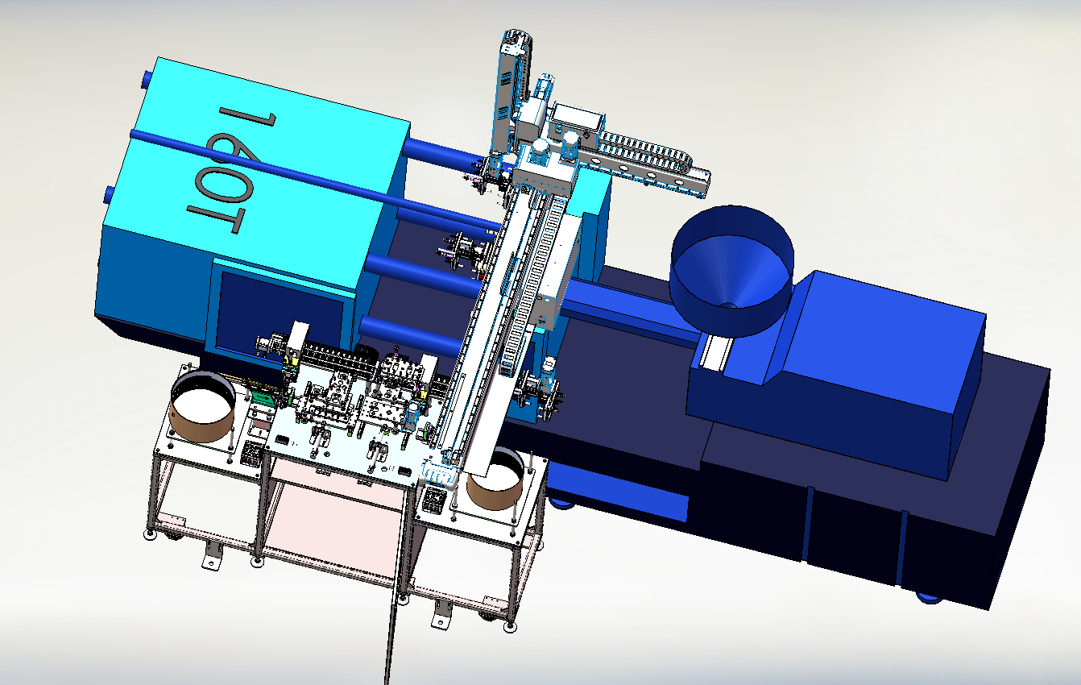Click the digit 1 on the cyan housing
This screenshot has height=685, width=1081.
click(247, 118)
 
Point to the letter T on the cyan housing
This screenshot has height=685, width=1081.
click(215, 219)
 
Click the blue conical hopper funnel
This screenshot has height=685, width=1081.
click(732, 270)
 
